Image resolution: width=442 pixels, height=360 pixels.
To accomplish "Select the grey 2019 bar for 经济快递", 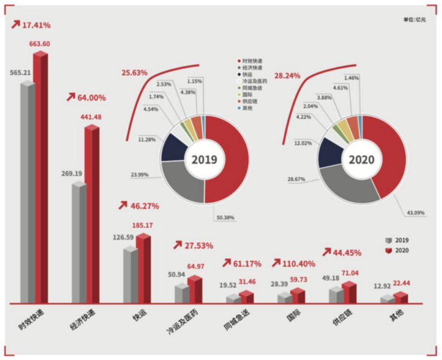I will coord(79,243).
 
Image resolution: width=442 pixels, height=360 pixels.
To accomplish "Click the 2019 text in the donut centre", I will coord(204,160).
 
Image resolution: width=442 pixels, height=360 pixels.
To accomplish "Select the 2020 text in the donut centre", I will coord(361,160).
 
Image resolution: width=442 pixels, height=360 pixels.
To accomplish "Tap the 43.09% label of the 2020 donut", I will coord(415,212).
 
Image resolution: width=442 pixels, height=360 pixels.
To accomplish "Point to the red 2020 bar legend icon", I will coord(389,250).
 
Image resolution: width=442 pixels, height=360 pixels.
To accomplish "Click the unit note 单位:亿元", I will coord(414,20).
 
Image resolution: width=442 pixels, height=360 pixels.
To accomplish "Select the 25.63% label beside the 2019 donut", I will coord(134,73).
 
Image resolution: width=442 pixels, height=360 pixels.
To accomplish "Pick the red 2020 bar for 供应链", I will coord(349,292).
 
